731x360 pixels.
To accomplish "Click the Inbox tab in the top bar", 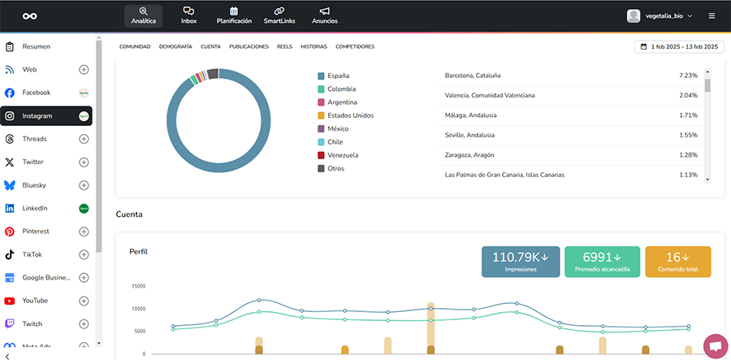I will [188, 15].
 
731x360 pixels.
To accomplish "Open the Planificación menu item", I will [234, 15].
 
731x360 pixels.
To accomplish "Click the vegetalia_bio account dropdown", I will [660, 15].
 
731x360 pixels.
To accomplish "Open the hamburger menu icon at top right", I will [712, 15].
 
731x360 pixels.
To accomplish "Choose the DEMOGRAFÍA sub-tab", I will [175, 47].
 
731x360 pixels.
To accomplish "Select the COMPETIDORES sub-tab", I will [355, 47].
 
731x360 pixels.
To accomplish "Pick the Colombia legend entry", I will [340, 89].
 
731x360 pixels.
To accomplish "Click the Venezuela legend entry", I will [343, 154].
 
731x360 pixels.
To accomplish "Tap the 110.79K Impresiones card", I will [521, 262].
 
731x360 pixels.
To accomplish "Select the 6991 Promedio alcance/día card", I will [602, 262].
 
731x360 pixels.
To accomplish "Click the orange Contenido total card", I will [677, 262].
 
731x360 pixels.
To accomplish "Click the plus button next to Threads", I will [84, 139].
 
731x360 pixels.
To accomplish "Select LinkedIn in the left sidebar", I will [34, 208].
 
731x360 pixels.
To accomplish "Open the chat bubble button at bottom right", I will [715, 345].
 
